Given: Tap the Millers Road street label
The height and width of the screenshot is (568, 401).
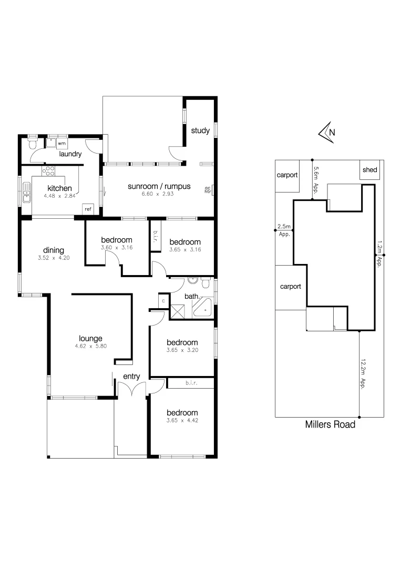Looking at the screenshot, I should click(330, 424).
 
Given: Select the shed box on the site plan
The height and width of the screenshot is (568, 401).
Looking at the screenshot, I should click(370, 170).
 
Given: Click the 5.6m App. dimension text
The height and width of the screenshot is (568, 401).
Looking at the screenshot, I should click(316, 180).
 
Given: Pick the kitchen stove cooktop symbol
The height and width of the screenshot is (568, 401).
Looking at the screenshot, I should click(49, 170).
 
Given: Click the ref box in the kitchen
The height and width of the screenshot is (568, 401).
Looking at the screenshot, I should click(88, 209).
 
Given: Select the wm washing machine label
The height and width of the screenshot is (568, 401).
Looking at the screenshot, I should click(61, 143).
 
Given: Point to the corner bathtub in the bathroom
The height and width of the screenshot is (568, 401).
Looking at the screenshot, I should click(202, 308).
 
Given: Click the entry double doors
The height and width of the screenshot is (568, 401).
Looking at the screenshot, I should click(131, 390).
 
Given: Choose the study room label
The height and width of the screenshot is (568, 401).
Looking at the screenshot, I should click(200, 130).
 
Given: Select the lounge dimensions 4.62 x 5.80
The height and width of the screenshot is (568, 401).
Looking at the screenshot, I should click(90, 347).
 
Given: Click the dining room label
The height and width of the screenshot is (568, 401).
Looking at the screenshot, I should click(54, 250).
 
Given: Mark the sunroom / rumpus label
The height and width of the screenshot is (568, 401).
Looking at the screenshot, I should click(159, 186).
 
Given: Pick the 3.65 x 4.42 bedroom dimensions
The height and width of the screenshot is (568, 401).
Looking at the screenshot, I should click(182, 421).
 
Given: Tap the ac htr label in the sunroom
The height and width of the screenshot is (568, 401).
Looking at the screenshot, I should click(207, 190).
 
